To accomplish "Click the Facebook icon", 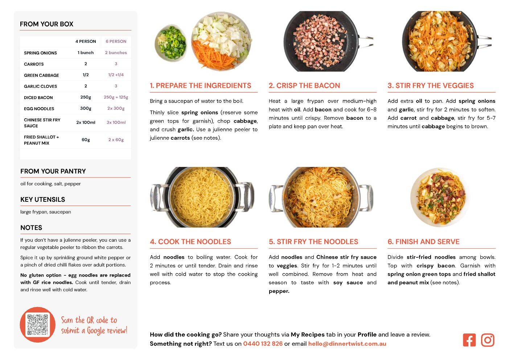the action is [x=469, y=340].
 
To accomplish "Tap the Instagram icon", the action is [x=488, y=340].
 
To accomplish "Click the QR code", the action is [x=38, y=324].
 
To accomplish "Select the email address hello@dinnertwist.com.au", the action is [x=347, y=344].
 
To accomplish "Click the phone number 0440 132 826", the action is [x=263, y=344].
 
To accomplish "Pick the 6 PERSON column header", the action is [x=116, y=41].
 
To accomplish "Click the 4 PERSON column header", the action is [x=86, y=41].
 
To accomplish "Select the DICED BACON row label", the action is [x=38, y=98].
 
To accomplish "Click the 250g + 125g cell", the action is [x=116, y=97].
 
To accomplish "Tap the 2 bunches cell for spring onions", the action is [x=116, y=53].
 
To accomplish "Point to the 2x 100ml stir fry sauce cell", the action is [x=86, y=122].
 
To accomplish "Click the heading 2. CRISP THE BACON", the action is [x=304, y=85].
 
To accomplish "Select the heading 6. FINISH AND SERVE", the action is [x=423, y=242].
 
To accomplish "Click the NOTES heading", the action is [x=31, y=228].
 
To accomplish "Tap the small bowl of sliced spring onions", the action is [x=171, y=43].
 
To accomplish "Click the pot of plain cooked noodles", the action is [x=202, y=197].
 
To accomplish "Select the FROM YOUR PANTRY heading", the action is [x=53, y=171].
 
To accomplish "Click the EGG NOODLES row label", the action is [x=39, y=109].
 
